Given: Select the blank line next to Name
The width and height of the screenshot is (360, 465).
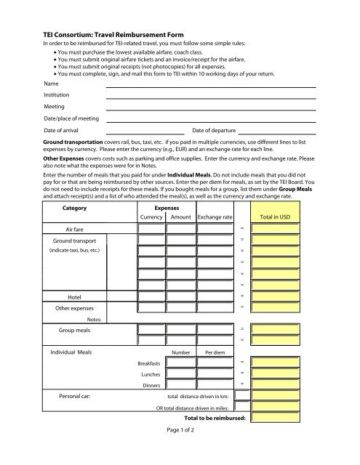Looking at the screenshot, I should (211, 86).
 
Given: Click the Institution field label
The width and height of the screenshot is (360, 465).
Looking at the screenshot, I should (57, 95).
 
